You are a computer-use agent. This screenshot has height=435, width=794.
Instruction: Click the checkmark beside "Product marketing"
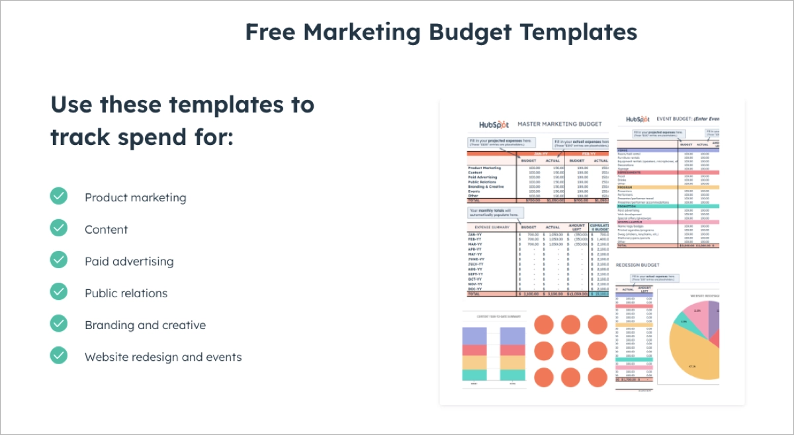59,196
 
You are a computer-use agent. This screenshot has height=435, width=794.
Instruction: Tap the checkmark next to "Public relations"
59,291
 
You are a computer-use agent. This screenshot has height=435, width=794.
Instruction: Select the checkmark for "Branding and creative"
59,323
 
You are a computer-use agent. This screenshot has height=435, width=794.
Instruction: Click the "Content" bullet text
106,230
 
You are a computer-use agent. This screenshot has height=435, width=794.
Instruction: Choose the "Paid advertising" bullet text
129,262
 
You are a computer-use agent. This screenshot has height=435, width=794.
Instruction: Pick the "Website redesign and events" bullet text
163,358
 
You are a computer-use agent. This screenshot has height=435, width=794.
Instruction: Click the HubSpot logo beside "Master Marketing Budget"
494,124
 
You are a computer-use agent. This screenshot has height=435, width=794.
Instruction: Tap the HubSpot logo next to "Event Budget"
637,120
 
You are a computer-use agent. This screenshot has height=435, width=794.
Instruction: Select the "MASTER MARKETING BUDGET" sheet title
559,124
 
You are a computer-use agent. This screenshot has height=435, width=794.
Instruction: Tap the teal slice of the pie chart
684,322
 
